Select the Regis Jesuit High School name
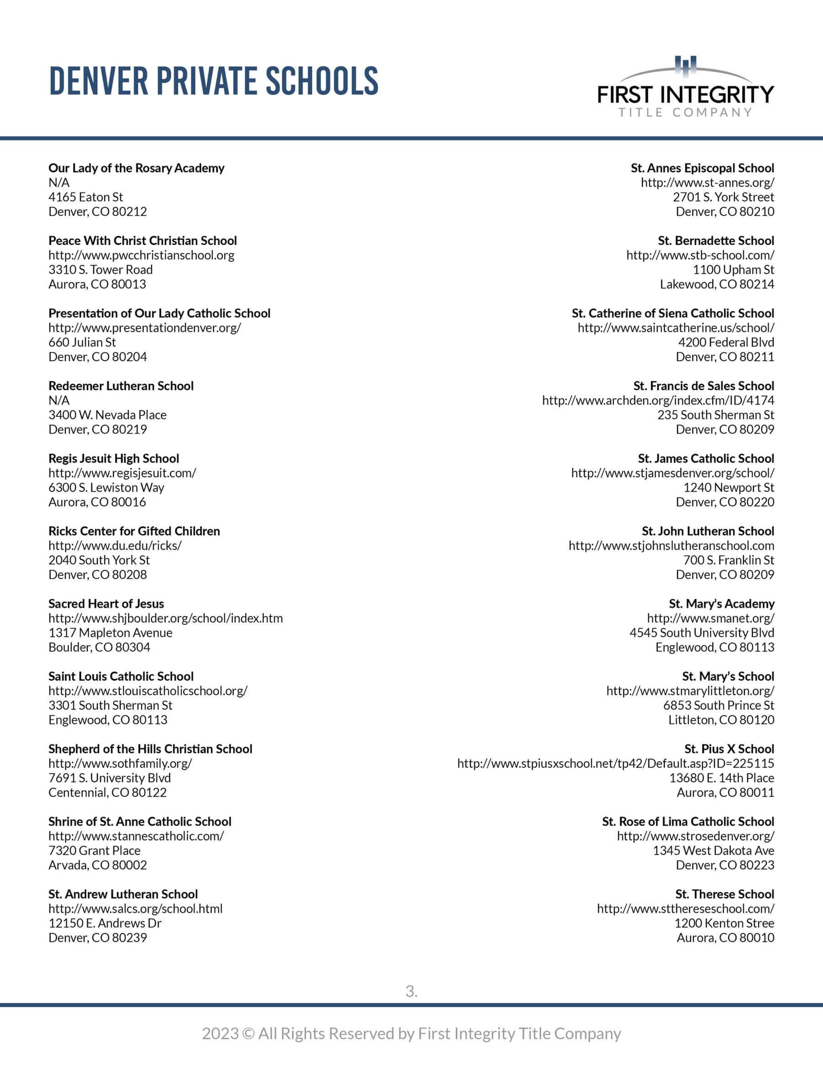[x=114, y=458]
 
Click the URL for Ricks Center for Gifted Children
[x=115, y=546]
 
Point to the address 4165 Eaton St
[x=86, y=197]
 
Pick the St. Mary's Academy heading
[x=721, y=604]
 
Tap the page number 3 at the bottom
[x=411, y=991]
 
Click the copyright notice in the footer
[x=411, y=1033]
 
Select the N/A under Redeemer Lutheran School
[x=59, y=400]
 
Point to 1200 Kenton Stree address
[x=724, y=923]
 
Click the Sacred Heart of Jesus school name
[x=106, y=604]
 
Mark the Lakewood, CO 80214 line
[x=716, y=284]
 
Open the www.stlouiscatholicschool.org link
[x=148, y=691]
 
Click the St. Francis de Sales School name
[x=704, y=386]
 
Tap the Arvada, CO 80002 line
[x=97, y=865]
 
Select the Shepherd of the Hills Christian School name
[x=150, y=749]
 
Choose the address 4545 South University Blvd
[x=701, y=633]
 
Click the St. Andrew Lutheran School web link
[x=135, y=909]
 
